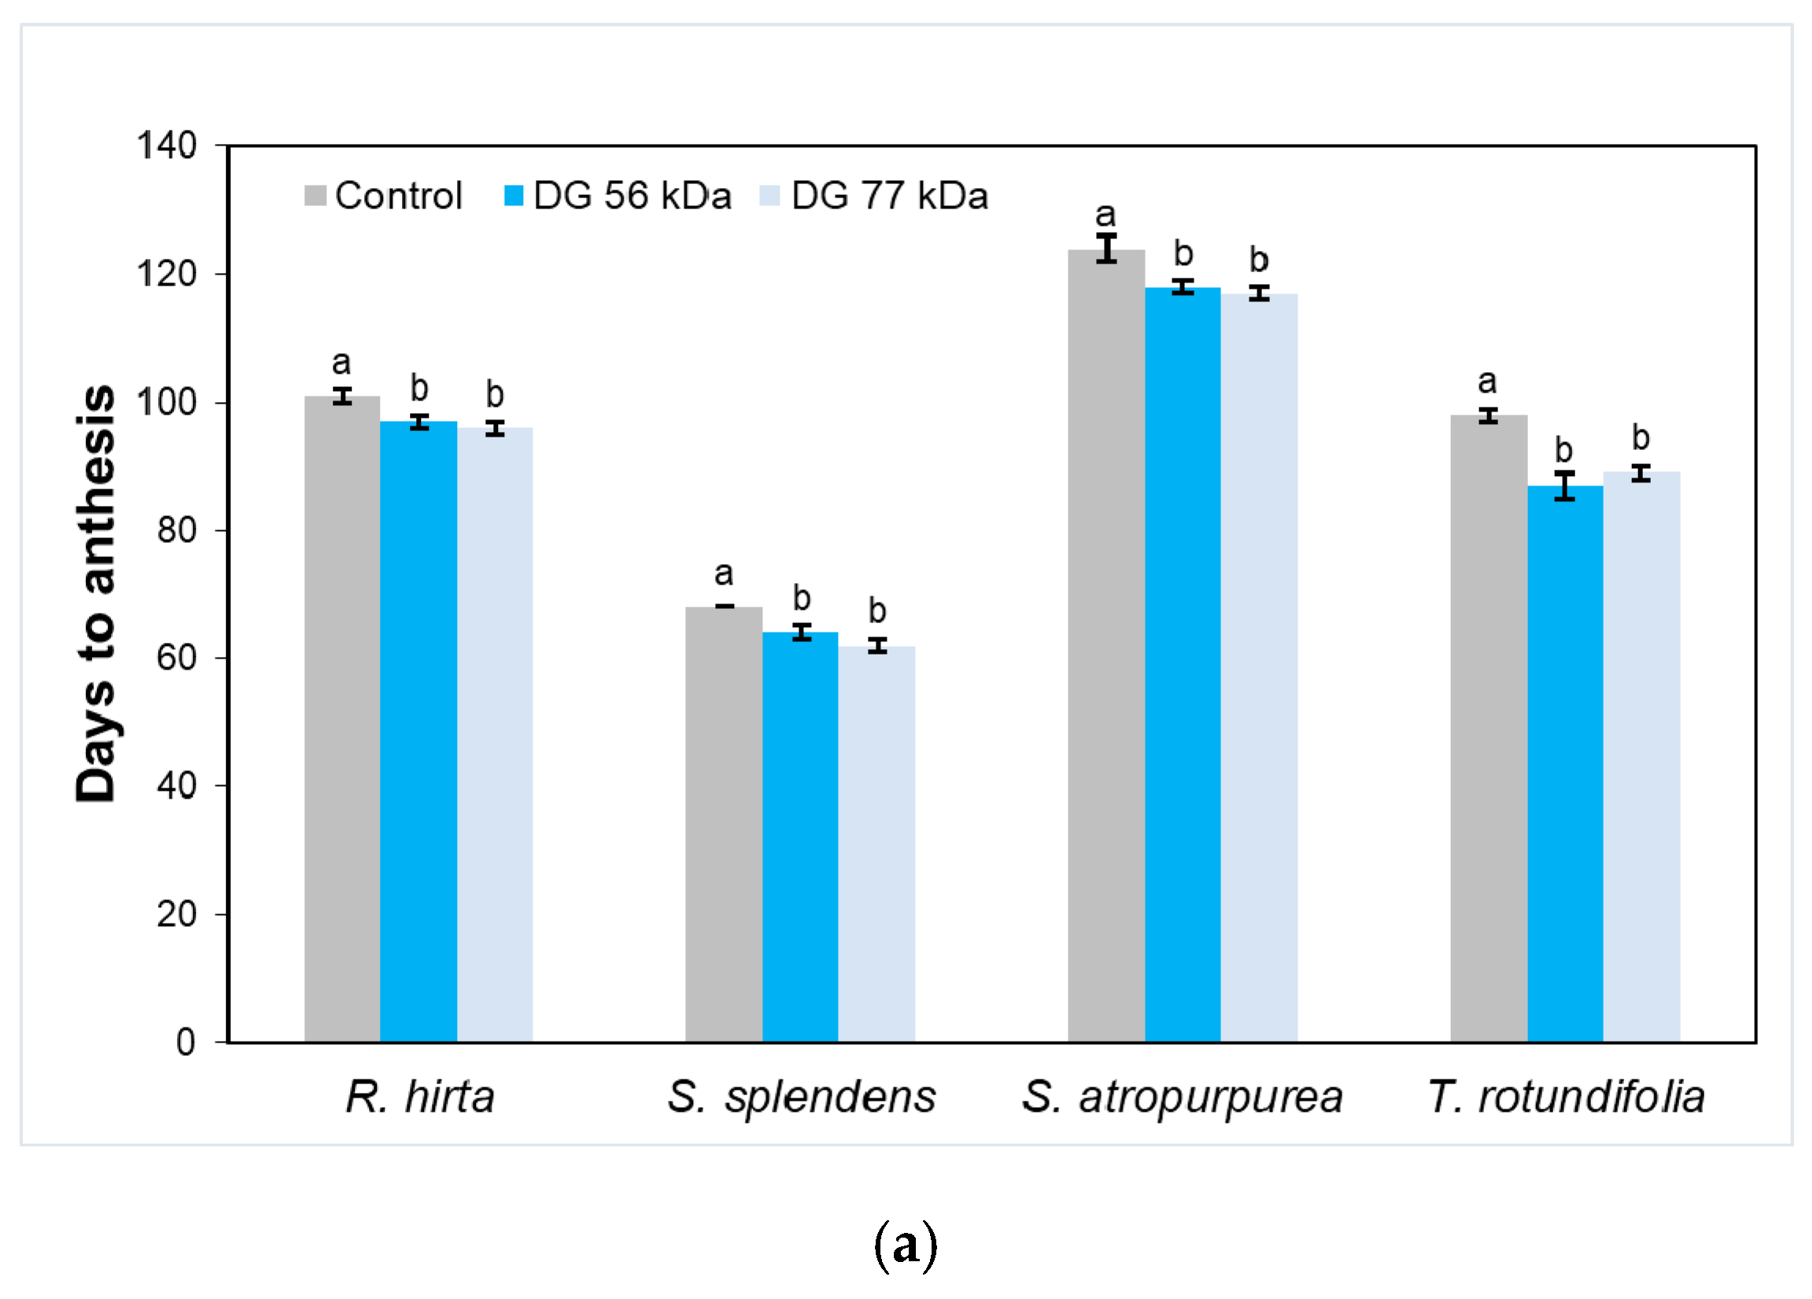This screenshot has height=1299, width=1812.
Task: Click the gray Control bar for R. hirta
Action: (342, 719)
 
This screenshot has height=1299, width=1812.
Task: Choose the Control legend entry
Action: (383, 196)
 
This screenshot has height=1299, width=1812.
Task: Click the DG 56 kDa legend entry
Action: (618, 196)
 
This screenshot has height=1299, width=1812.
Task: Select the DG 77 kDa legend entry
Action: (875, 196)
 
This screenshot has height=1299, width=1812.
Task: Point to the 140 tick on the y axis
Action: (166, 146)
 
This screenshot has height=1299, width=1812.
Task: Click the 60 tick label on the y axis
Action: (176, 658)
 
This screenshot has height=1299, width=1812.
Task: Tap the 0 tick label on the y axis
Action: (186, 1043)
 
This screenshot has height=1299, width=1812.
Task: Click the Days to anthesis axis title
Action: (95, 593)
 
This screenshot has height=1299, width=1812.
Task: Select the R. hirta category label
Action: (419, 1097)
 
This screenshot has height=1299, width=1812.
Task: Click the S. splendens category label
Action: (801, 1097)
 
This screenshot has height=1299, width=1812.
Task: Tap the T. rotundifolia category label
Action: (1566, 1097)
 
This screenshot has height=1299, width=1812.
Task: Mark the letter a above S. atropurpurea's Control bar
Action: (1105, 214)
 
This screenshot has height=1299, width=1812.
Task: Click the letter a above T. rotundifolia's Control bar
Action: (1487, 381)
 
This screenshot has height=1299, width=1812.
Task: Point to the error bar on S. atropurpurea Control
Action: (1106, 249)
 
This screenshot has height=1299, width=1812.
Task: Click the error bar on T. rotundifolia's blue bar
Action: (1564, 485)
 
